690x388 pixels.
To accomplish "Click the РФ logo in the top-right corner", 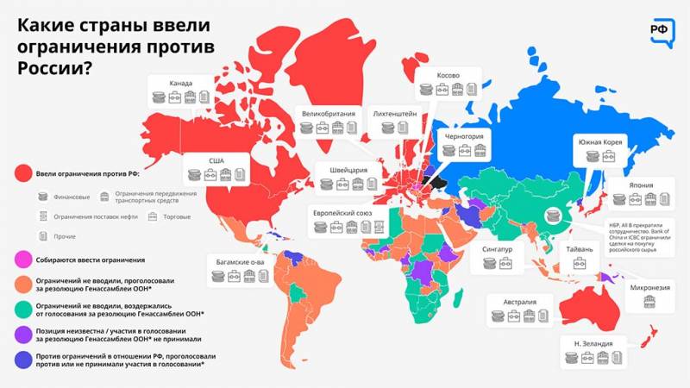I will pos(662,28).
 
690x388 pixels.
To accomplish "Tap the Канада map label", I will pos(181,84).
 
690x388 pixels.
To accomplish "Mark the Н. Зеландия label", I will pos(593,344).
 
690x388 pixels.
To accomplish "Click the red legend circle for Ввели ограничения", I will pos(23,173).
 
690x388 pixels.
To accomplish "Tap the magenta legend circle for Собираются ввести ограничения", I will pos(23,260).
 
